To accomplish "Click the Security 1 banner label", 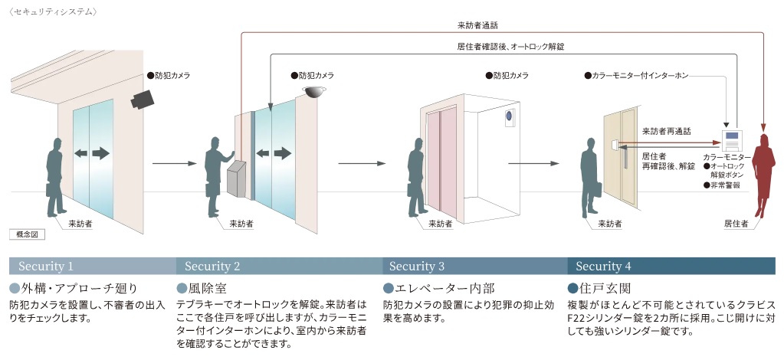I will pos(46,267).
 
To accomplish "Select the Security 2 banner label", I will pos(213,267).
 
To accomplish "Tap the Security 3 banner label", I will pos(417,267).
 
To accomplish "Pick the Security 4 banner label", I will pos(604,267).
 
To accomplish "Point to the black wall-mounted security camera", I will pos(142,99).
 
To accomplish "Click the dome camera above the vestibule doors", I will pos(313,92).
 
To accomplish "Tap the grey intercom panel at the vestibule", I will pos(237,181).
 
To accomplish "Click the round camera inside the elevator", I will pos(507,116).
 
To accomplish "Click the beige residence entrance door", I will pos(618,157).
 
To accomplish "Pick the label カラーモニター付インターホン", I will pos(639,76).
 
